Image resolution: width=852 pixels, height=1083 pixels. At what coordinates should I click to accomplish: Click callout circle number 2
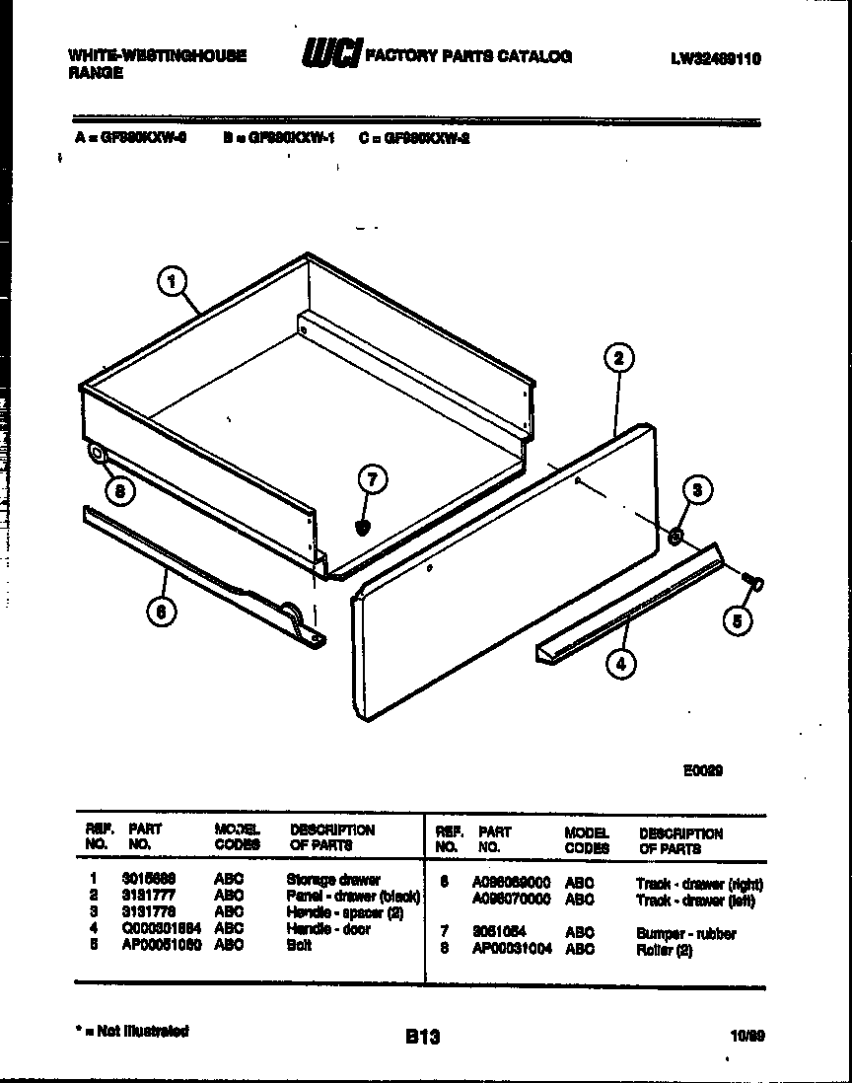618,357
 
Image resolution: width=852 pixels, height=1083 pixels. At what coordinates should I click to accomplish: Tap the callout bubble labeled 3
697,490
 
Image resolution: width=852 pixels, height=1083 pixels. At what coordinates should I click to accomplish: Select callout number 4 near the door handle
620,664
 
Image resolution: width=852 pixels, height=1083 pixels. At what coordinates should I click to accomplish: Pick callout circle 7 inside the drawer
371,480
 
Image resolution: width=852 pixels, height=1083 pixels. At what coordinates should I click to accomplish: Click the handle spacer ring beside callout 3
676,536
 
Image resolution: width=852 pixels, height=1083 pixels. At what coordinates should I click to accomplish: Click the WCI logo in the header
333,55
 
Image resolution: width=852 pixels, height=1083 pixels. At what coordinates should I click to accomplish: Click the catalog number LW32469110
715,58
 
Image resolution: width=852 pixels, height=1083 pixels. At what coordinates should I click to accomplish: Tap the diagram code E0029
703,770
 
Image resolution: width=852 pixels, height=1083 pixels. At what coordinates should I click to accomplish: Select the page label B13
422,1037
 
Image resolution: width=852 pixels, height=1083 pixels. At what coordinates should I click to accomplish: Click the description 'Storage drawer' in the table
333,879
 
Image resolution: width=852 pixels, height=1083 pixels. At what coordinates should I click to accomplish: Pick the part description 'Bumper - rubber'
686,933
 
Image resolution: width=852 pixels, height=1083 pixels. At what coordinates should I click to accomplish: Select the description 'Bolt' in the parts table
299,945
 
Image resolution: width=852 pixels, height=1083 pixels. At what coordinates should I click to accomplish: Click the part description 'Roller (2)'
666,949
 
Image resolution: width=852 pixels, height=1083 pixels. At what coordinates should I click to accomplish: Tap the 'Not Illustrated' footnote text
136,1031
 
